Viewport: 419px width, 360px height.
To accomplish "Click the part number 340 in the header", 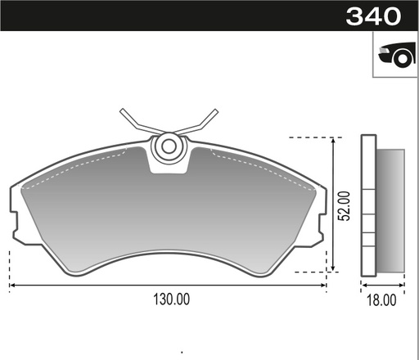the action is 373,16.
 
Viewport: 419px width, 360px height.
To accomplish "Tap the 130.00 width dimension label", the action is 171,299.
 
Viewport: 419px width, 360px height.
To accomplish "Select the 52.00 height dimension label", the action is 344,206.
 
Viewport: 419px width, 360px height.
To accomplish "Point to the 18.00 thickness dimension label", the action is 381,300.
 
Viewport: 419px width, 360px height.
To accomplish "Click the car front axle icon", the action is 397,54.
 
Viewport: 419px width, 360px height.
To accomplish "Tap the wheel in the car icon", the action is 402,59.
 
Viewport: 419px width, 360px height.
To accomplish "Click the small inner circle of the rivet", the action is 169,146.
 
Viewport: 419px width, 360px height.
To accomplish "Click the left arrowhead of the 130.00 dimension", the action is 12,286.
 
